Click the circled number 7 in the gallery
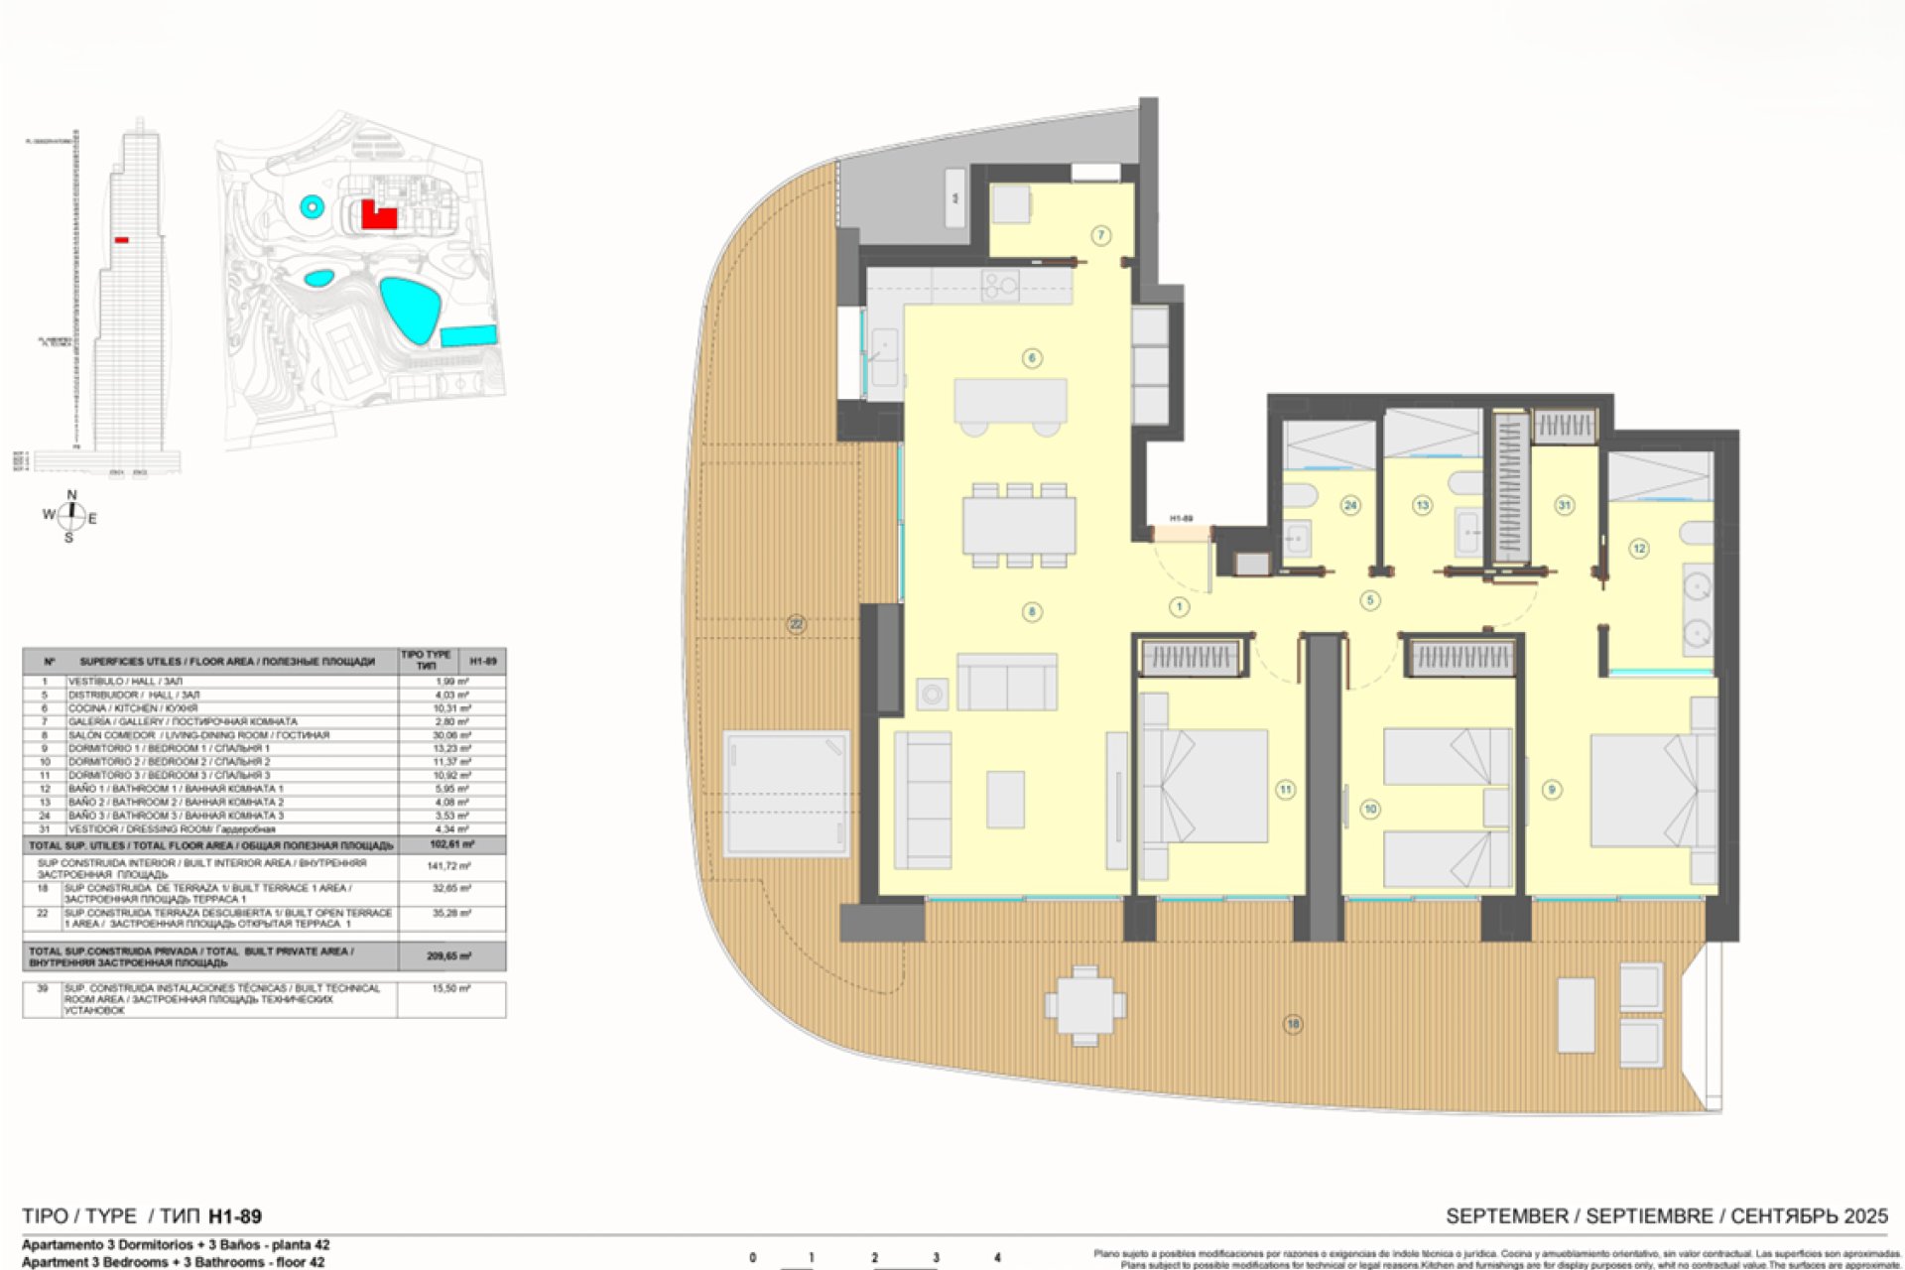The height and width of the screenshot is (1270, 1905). pos(1100,235)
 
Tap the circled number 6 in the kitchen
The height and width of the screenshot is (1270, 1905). pos(1032,358)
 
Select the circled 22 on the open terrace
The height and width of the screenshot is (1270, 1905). pos(796,624)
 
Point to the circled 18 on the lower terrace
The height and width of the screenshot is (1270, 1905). pos(1292,1024)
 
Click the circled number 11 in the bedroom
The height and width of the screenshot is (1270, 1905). pos(1285,790)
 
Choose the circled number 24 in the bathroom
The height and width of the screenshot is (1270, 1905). pos(1350,505)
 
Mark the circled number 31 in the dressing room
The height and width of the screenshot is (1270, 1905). pos(1565,505)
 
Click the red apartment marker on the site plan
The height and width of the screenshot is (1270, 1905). pos(377,215)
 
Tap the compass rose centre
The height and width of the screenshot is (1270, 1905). pos(70,515)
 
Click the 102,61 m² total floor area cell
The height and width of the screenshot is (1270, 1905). pos(451,845)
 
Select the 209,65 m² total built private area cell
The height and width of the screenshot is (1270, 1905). pos(451,956)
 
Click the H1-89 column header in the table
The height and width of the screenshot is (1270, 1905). pos(482,661)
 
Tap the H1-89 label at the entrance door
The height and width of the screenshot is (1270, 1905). pos(1181,519)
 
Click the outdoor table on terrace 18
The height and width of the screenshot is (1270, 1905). pos(1084,1006)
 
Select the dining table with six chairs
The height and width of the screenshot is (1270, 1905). pos(1019,525)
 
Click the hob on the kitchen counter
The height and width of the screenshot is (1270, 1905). pos(999,286)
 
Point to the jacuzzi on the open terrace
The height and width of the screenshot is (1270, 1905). pos(786,792)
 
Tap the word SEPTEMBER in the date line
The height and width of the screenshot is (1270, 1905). pos(1507,1216)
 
